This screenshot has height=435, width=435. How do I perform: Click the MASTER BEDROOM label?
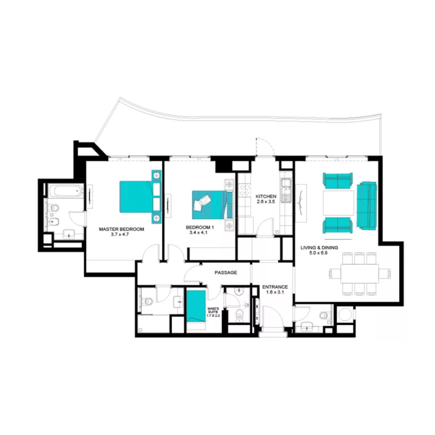click(x=121, y=229)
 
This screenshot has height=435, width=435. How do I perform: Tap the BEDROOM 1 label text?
click(x=200, y=227)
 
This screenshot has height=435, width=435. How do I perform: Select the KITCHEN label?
click(x=266, y=196)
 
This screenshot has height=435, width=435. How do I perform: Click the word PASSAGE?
click(x=226, y=272)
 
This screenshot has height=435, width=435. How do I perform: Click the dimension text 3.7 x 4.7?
click(x=121, y=235)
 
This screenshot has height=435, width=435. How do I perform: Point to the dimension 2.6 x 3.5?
click(x=266, y=202)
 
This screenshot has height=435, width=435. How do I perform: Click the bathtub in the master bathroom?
click(x=64, y=191)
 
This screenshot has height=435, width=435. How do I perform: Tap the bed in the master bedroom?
click(x=136, y=196)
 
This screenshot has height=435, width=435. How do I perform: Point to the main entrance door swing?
click(x=270, y=315)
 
